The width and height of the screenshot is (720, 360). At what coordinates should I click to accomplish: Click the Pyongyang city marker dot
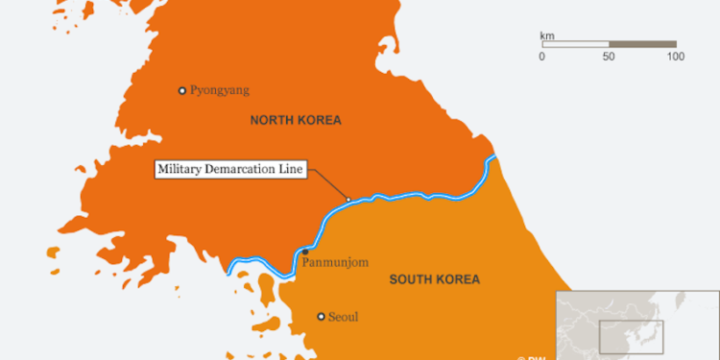click(181, 91)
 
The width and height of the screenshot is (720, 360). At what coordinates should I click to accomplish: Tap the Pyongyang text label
click(219, 91)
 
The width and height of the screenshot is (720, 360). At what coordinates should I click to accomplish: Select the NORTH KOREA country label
click(296, 120)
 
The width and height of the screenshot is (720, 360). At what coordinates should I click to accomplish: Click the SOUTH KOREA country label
click(434, 279)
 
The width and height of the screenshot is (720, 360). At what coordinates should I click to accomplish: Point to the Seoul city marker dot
click(321, 316)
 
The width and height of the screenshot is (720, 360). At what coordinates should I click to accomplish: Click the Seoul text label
click(343, 317)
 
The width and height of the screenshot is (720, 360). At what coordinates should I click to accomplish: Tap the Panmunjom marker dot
click(305, 252)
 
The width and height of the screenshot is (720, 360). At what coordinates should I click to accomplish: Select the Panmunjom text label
click(335, 261)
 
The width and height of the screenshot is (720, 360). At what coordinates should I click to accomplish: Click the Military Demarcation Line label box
click(230, 170)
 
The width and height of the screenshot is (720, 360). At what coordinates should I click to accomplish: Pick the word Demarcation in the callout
click(243, 170)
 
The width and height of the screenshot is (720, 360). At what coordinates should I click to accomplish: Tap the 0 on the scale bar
click(542, 57)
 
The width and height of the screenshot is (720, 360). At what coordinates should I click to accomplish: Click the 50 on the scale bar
click(609, 57)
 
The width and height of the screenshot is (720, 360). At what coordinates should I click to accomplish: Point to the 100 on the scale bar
click(675, 57)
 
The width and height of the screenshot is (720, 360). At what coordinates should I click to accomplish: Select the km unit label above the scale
click(547, 36)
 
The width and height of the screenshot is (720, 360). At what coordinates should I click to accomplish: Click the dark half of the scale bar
click(642, 44)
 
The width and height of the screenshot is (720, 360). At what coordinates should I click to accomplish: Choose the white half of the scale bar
click(575, 44)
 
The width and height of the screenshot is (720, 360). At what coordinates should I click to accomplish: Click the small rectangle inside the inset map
click(620, 337)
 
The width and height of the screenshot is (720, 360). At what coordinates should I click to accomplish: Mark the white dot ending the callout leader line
click(348, 200)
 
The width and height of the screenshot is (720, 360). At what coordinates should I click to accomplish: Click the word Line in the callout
click(292, 170)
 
